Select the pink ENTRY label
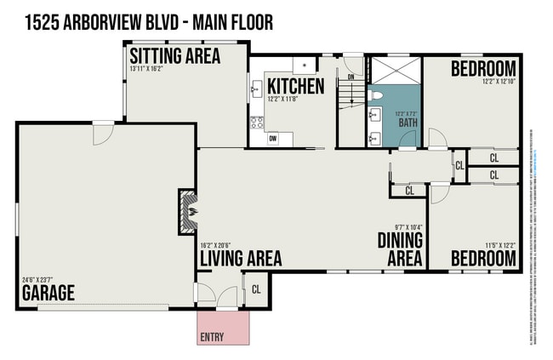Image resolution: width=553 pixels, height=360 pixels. pos(212,337)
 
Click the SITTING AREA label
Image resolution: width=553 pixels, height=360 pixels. pos(174,56)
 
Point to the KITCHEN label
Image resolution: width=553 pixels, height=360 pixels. pos(295,86)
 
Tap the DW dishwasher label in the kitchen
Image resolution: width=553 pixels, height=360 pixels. pos(272,137)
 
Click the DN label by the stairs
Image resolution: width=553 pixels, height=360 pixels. pos(350,77)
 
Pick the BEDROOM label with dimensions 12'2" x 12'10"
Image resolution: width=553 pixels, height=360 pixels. pos(482,68)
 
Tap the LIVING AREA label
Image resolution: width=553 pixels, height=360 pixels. pos(241,258)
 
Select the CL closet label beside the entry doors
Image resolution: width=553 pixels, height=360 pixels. pos(257,289)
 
